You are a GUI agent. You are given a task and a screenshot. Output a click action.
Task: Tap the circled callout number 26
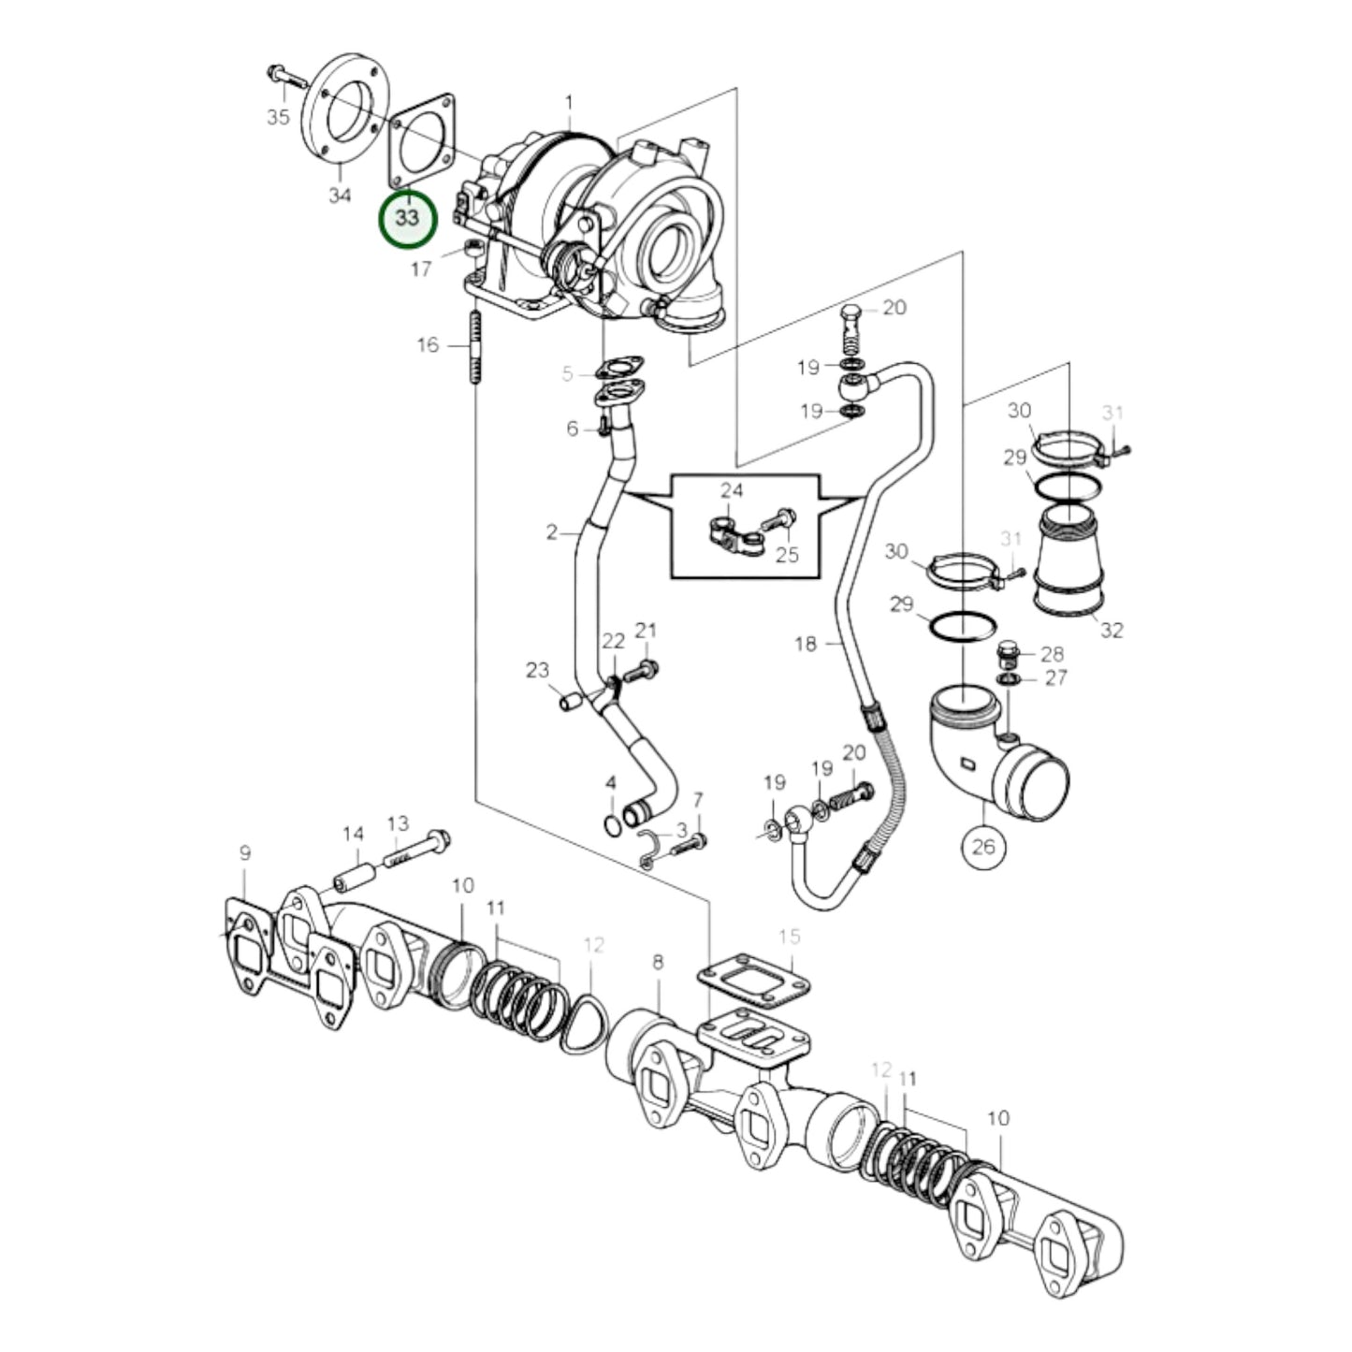(982, 846)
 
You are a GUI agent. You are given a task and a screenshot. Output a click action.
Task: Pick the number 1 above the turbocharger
(568, 101)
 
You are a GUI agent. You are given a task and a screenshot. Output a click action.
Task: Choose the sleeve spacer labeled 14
(356, 878)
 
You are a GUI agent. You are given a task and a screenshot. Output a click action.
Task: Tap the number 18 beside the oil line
(806, 644)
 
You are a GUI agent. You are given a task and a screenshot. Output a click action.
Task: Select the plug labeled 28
(1008, 649)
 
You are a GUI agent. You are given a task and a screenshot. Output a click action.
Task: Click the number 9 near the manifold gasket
(245, 852)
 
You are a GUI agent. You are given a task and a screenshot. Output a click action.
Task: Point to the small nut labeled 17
(474, 249)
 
